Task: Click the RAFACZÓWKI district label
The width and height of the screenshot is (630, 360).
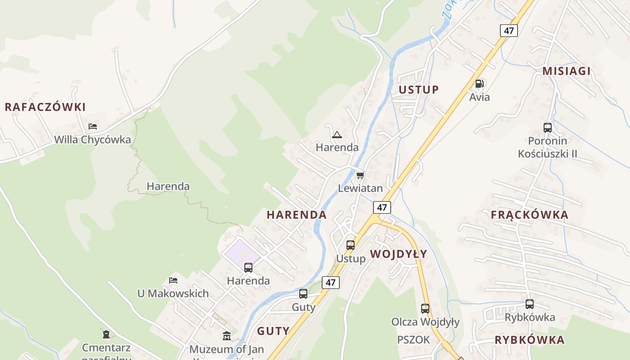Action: pos(45,107)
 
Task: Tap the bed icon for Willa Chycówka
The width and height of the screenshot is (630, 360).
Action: pos(93,126)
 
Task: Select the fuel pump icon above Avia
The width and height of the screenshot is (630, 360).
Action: pos(479,84)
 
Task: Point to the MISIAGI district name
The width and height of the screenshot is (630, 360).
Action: pos(566,71)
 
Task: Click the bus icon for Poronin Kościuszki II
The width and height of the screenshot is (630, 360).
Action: pos(547,128)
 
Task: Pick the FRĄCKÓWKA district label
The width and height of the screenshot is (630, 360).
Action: pos(529,215)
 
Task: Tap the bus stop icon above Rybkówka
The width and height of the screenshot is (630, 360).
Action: pos(529,304)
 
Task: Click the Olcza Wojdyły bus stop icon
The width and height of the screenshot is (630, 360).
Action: pos(425,309)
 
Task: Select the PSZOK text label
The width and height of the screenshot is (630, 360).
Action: pos(414,340)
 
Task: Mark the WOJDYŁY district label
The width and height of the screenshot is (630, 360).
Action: pos(399,254)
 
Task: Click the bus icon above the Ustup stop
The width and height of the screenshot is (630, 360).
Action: pos(351,245)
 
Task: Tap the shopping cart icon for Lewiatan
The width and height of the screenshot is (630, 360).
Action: pos(360,175)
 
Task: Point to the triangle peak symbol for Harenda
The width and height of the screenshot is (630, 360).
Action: pos(337,135)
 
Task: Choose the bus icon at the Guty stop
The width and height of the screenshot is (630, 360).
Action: pos(303,294)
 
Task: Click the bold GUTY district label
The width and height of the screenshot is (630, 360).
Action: pos(273,331)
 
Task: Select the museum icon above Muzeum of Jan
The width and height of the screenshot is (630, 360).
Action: pos(227,336)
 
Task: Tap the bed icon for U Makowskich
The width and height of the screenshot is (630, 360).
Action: pos(173,280)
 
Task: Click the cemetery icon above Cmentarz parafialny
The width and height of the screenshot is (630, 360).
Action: pos(106,334)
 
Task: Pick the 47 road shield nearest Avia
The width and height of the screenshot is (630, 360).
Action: pos(508,31)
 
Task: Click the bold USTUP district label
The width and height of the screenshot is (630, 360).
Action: pos(418,90)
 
